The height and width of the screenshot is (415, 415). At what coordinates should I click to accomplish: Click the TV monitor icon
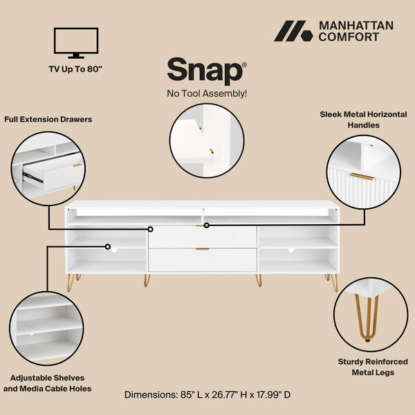[x=75, y=42]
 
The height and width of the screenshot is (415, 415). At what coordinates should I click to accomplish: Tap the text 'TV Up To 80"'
[x=76, y=69]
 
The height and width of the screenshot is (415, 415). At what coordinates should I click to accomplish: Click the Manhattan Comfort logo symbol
[x=293, y=31]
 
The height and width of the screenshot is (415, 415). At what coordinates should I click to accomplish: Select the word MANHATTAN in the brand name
[x=356, y=26]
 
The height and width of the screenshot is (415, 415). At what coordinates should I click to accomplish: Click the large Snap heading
[x=205, y=71]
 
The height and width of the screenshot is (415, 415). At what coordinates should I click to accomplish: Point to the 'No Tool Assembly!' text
[x=207, y=93]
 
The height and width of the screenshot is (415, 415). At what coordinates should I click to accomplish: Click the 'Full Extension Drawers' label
[x=48, y=119]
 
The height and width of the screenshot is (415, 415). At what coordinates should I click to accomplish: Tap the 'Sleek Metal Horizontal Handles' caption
[x=363, y=120]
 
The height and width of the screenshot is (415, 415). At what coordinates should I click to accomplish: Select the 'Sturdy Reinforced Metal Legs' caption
[x=373, y=367]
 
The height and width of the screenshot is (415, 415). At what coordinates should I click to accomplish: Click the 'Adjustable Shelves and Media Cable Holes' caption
[x=47, y=383]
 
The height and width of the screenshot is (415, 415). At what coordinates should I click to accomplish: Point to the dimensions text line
[x=207, y=394]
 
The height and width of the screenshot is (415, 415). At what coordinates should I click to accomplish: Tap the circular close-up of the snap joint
[x=207, y=140]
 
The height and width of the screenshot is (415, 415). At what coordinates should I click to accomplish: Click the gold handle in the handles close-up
[x=361, y=176]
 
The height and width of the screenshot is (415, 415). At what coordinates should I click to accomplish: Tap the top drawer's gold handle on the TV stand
[x=202, y=225]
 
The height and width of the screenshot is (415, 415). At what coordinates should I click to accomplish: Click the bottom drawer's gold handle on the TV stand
[x=202, y=249]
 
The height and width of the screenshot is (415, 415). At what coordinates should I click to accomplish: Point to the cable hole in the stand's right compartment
[x=291, y=250]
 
